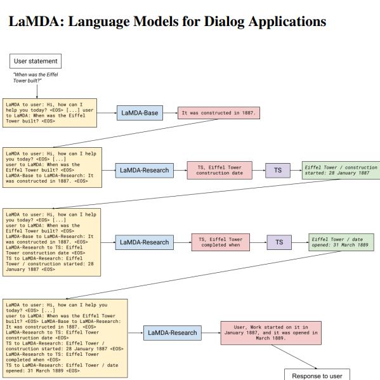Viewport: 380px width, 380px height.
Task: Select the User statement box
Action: [36, 62]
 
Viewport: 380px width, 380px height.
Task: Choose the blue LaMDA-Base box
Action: [139, 114]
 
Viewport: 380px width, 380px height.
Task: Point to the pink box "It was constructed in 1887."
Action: [219, 114]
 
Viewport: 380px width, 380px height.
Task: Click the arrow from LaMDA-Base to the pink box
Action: [170, 114]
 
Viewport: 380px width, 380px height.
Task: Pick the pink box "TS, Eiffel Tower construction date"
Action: [219, 171]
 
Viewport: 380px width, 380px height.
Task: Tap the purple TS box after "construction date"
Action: [277, 171]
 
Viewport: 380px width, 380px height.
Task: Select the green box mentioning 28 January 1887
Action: [341, 171]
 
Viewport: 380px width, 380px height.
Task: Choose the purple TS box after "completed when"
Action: [279, 242]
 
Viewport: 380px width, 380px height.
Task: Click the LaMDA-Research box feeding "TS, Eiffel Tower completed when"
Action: [145, 242]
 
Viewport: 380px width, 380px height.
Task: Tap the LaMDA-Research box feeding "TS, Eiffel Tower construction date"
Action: [145, 171]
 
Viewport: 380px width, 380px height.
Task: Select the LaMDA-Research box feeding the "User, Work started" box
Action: [172, 332]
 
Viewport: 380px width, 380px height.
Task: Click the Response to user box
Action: [316, 375]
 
